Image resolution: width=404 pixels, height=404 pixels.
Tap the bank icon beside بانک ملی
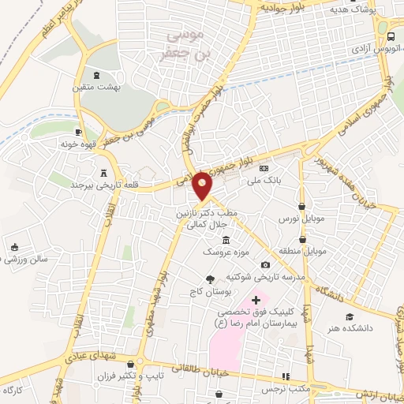click(x=264, y=168)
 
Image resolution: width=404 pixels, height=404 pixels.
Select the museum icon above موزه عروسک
click(x=226, y=240)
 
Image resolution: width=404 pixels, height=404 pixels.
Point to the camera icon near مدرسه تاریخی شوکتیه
click(x=265, y=264)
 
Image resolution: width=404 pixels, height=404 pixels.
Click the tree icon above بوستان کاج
click(x=210, y=279)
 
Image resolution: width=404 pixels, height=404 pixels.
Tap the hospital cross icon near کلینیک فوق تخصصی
click(x=255, y=299)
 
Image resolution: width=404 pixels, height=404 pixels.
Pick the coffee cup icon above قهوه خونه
click(x=77, y=132)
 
